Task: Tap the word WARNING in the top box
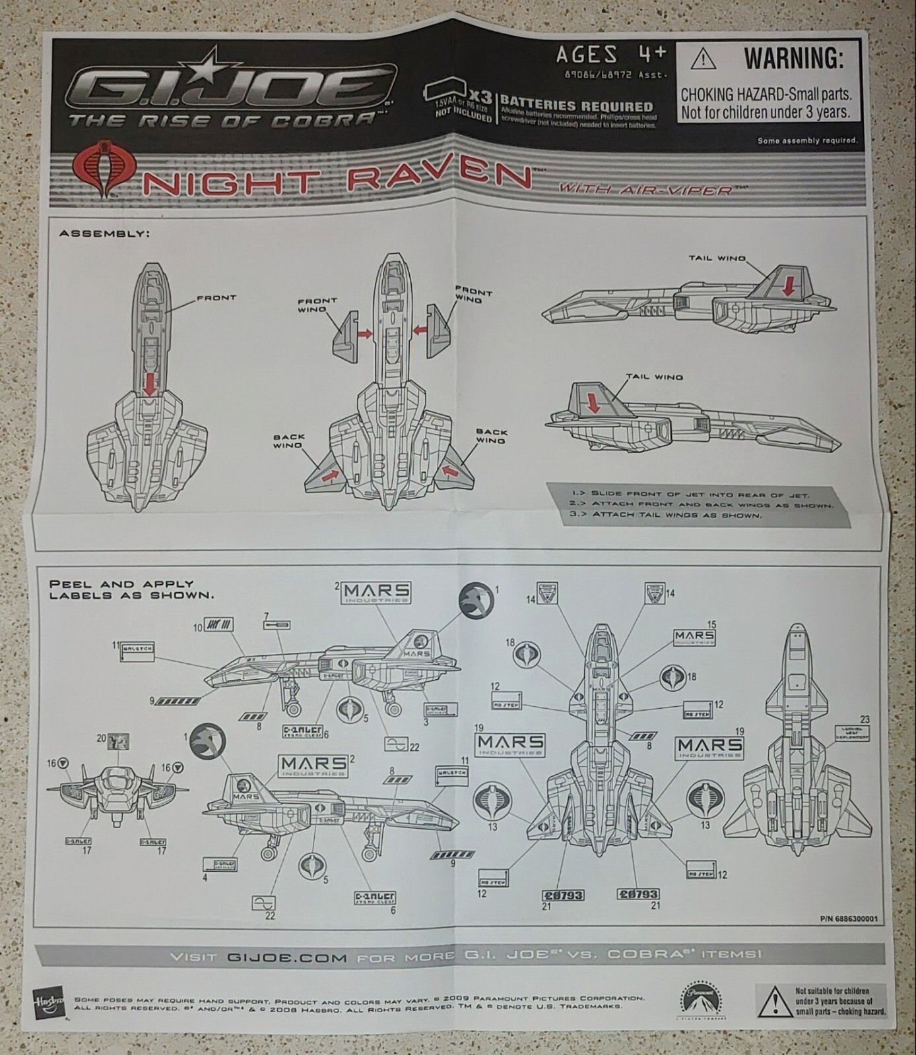[794, 59]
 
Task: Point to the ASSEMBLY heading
[104, 233]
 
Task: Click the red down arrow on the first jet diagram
[150, 383]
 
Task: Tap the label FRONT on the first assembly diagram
[216, 298]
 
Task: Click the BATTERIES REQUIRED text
[576, 106]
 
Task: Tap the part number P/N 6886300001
[849, 918]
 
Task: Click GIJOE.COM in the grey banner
[287, 956]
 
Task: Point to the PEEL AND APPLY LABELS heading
[122, 589]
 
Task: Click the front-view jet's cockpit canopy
[118, 779]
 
